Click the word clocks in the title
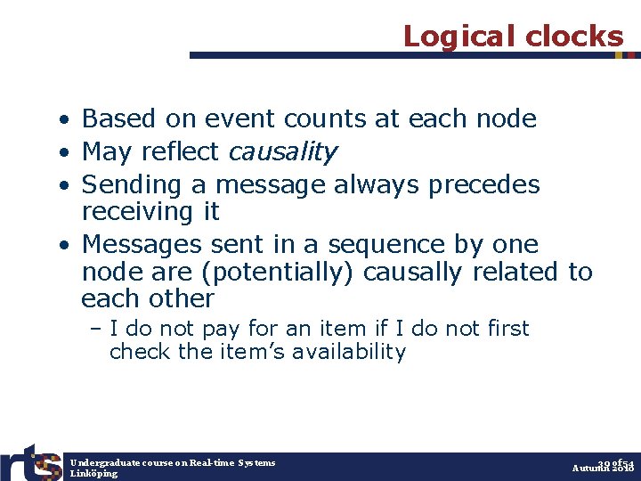(x=574, y=36)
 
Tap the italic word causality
(x=282, y=152)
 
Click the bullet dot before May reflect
(x=66, y=153)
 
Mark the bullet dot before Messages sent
(x=66, y=245)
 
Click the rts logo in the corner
(x=30, y=462)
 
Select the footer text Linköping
(x=93, y=474)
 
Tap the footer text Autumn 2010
(x=603, y=469)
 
